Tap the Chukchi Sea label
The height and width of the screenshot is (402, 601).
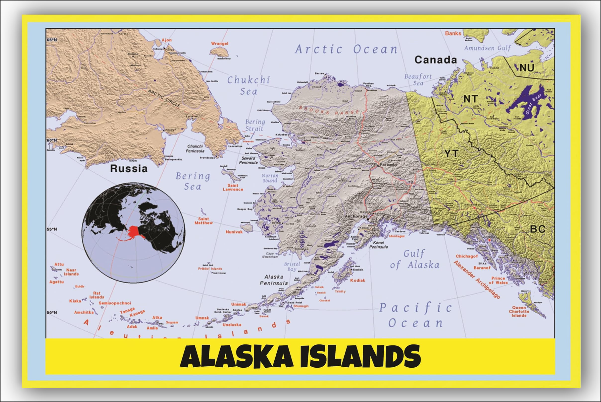[249, 86]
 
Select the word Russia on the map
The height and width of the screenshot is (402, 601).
[129, 168]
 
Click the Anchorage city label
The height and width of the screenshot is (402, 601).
[356, 216]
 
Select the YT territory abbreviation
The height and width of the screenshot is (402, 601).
[451, 154]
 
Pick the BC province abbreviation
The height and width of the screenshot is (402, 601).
[538, 229]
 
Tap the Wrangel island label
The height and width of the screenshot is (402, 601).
[219, 44]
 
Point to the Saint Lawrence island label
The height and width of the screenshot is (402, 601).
[233, 187]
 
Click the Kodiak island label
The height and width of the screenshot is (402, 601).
[358, 280]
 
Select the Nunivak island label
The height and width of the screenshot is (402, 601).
[234, 232]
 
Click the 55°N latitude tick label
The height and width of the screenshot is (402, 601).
[52, 229]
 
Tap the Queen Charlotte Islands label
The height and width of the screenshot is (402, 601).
[519, 312]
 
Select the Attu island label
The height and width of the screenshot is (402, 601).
[59, 264]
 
